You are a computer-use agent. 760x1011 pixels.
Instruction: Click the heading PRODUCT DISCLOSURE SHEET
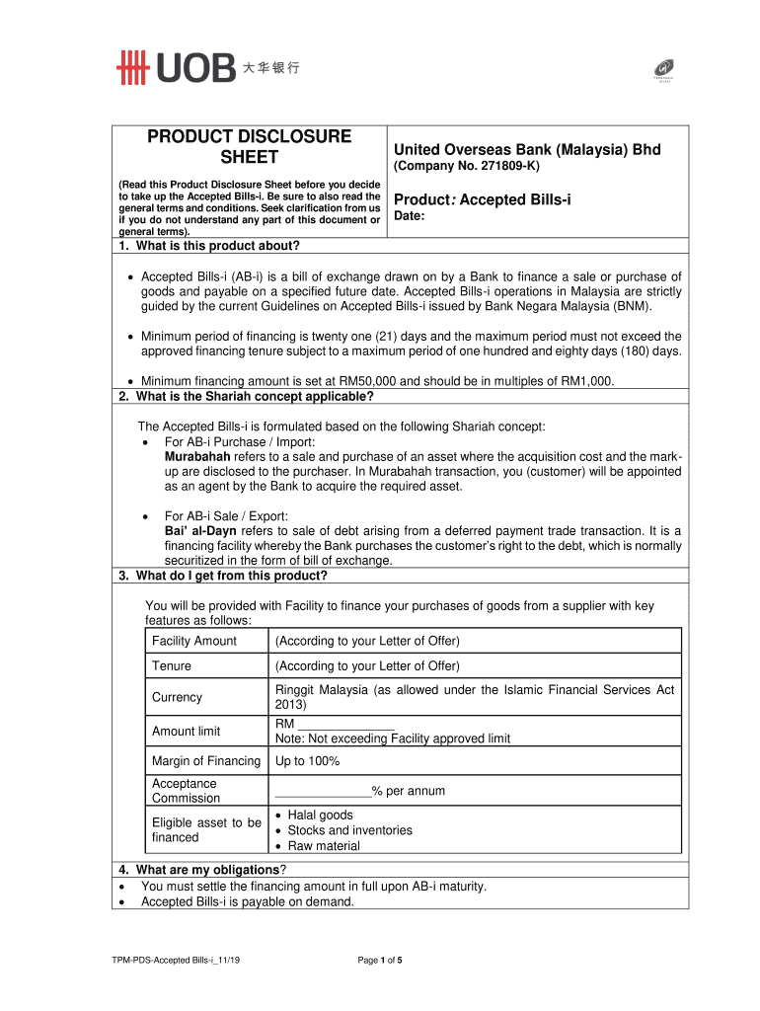tap(249, 147)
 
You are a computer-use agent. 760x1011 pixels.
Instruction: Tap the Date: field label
tap(410, 216)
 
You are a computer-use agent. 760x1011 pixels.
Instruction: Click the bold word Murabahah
tap(197, 457)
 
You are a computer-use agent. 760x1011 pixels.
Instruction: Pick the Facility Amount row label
tap(194, 641)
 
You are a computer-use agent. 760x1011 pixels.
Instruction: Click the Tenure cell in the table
tap(172, 666)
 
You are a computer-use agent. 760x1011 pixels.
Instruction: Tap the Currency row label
tap(177, 697)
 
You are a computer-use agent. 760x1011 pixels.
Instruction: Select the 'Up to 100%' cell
tap(307, 761)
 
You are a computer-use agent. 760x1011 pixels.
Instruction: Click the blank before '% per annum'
tap(322, 792)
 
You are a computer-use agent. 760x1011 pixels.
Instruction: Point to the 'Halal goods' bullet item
tap(320, 816)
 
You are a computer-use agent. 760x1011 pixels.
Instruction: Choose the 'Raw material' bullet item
tap(324, 846)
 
